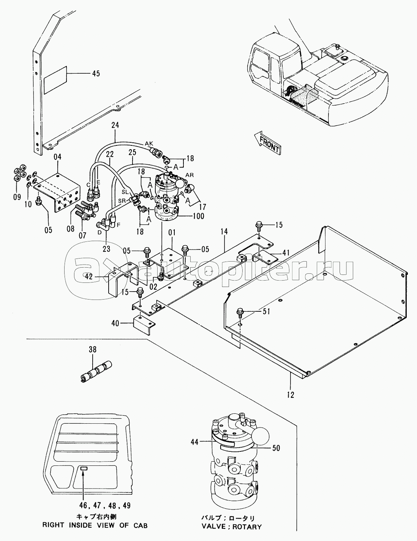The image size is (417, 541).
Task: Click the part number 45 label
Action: coord(96,74)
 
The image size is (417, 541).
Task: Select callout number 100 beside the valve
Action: coord(198,216)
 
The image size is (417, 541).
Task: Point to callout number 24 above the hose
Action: coord(115,125)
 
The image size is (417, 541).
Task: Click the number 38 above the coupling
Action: coord(92,350)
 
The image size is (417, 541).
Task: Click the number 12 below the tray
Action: coord(290,395)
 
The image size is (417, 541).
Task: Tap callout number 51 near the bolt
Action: coord(266,311)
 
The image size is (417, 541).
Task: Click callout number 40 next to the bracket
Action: coord(115,323)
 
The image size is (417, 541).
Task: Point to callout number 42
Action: coord(89,276)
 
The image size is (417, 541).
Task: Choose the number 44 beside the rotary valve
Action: coord(194,442)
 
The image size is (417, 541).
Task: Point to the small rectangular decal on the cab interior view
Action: coord(84,469)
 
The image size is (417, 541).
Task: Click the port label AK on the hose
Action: coord(149,144)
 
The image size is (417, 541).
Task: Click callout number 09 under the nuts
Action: coord(17,197)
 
